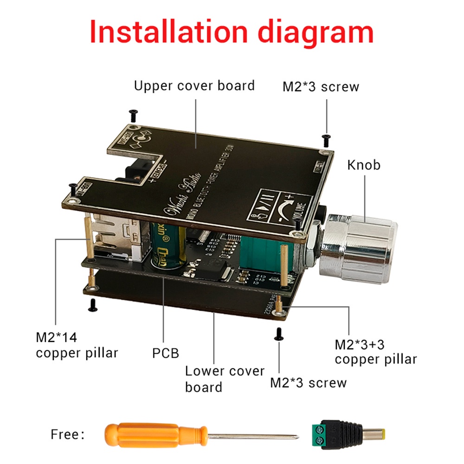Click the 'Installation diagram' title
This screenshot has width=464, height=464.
pyautogui.click(x=232, y=31)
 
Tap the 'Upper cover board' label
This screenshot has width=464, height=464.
pyautogui.click(x=194, y=86)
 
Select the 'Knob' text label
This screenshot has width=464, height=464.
pyautogui.click(x=364, y=165)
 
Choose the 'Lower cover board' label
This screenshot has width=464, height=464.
pyautogui.click(x=225, y=379)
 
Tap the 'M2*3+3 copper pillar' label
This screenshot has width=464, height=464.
pyautogui.click(x=375, y=352)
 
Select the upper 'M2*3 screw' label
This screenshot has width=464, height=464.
pyautogui.click(x=321, y=87)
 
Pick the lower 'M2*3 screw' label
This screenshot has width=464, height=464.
pyautogui.click(x=309, y=383)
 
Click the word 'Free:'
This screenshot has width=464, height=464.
pyautogui.click(x=67, y=435)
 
